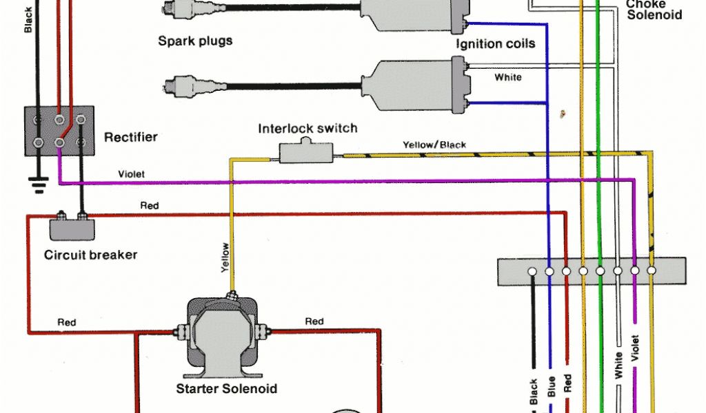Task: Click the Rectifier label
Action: [130, 137]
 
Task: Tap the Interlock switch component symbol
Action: [305, 151]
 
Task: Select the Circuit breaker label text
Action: [90, 255]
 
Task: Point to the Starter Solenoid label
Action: [226, 388]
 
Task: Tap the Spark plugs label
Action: [195, 41]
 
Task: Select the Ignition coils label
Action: [495, 44]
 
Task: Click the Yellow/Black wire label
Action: [434, 145]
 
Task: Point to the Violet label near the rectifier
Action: [131, 174]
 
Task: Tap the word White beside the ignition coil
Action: [507, 78]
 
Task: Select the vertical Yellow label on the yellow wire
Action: [225, 258]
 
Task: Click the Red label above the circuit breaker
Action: [150, 205]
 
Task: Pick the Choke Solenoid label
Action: [654, 10]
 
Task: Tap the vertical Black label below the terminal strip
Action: [533, 391]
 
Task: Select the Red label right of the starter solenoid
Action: [314, 321]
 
